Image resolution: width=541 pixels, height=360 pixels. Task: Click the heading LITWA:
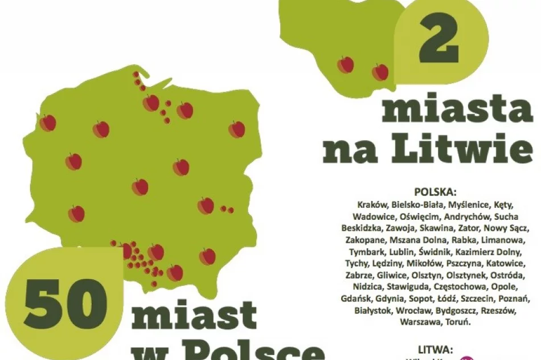pos(436,349)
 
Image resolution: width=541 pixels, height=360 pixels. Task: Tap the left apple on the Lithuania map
pos(345,65)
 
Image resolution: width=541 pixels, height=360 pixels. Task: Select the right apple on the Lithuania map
pos(380,72)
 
